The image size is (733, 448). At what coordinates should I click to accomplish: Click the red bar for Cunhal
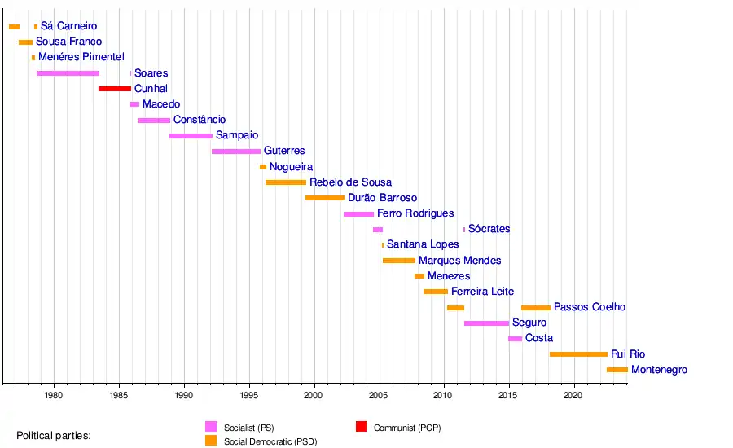[x=114, y=89]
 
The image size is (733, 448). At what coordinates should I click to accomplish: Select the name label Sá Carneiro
[x=68, y=27]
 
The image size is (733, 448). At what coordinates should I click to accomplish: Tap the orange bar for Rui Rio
[x=578, y=354]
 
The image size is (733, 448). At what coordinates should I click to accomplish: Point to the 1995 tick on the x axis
[x=249, y=382]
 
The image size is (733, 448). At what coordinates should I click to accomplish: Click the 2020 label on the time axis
[x=574, y=396]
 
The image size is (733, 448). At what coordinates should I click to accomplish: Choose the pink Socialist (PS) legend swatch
[x=211, y=427]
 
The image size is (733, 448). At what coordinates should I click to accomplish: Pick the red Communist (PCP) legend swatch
[x=361, y=427]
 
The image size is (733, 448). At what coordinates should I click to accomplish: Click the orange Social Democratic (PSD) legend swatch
[x=211, y=441]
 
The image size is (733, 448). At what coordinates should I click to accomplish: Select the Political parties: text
[x=54, y=436]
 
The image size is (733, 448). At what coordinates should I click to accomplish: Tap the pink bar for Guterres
[x=236, y=152]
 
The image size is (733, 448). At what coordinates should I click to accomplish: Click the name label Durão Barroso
[x=382, y=198]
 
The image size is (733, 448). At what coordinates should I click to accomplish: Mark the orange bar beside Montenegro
[x=617, y=370]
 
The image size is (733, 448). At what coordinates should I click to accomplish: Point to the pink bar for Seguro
[x=486, y=323]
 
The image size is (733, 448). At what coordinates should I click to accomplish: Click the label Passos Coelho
[x=590, y=307]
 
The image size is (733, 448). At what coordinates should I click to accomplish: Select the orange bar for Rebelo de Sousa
[x=286, y=182]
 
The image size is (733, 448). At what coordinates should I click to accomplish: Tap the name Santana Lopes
[x=423, y=244]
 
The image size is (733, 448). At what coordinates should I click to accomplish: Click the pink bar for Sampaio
[x=191, y=136]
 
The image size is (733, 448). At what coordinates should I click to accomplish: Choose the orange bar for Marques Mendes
[x=399, y=261]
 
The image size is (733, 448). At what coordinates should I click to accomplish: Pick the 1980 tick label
[x=54, y=396]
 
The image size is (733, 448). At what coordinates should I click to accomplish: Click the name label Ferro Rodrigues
[x=415, y=213]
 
